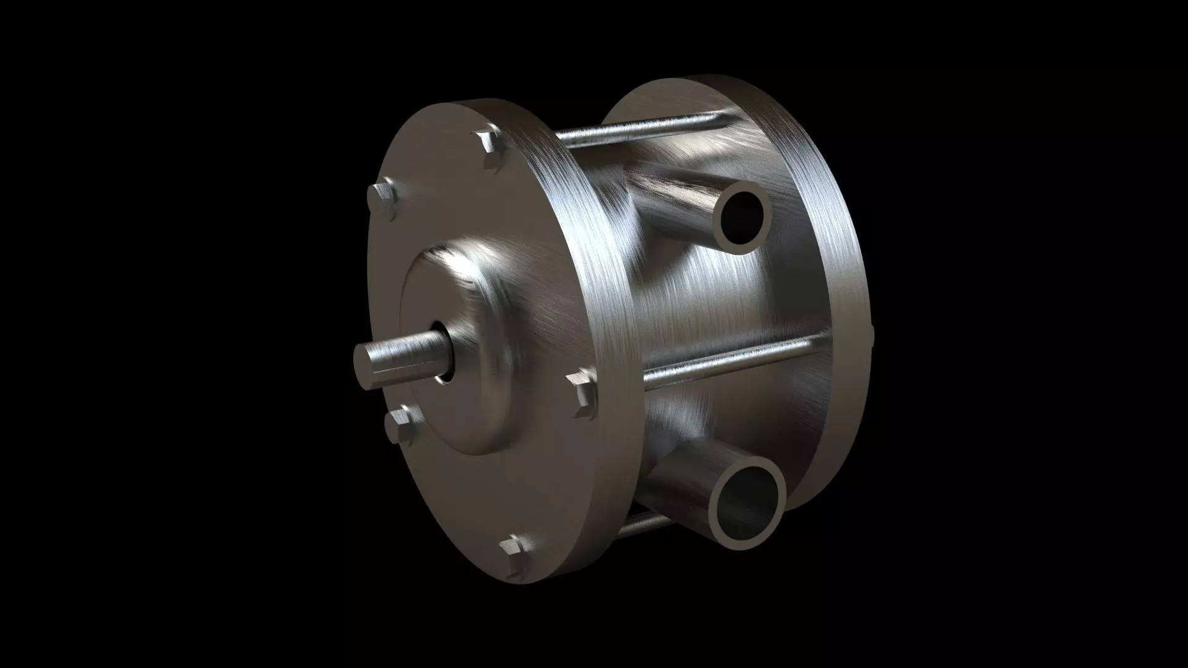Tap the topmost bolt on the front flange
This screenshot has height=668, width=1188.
(492, 149)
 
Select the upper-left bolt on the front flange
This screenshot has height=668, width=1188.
(383, 199)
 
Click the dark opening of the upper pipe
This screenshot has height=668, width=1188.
(742, 217)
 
